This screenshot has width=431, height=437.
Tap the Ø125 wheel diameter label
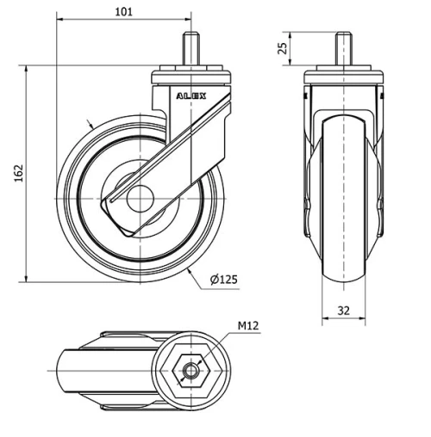[x=223, y=279]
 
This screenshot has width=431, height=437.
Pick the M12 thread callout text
[x=247, y=326]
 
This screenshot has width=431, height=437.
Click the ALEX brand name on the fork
[x=191, y=97]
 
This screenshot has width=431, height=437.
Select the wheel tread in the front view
[x=345, y=198]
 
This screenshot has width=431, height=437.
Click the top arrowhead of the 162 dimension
[x=27, y=68]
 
